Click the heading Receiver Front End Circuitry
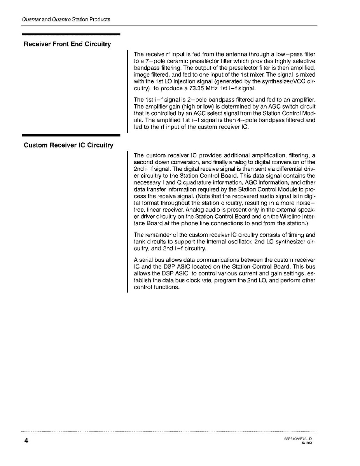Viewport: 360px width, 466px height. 67,44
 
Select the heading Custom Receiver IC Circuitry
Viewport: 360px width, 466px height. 68,145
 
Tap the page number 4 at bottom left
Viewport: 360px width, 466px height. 26,441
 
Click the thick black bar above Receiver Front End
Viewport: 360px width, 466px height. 71,34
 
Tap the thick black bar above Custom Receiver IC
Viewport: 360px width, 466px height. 71,135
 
